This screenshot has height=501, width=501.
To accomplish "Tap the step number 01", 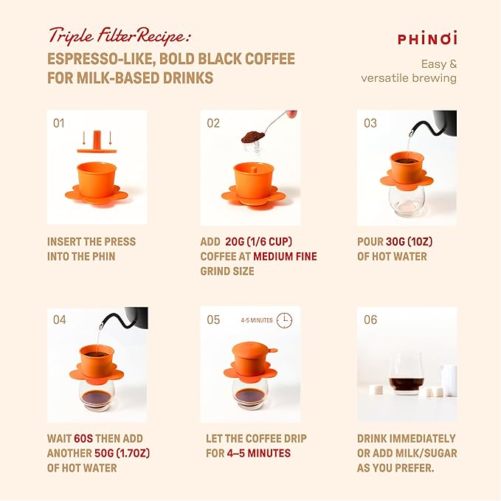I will coord(59,123).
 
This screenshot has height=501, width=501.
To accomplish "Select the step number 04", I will coord(59,319).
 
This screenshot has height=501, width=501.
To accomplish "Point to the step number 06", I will coord(370,319).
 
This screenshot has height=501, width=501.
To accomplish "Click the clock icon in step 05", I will coord(284,320).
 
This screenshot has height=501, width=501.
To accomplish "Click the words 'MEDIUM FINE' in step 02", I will coord(284,256).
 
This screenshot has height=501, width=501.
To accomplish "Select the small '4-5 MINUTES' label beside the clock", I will coord(257,321).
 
